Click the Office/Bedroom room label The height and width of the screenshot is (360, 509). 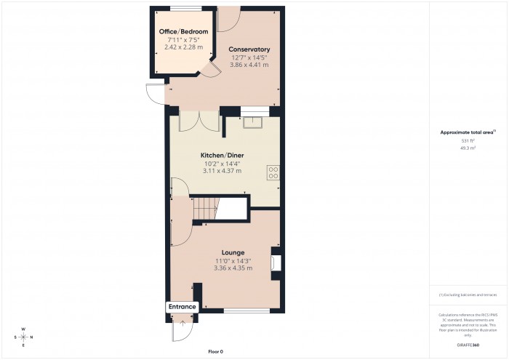point(183,32)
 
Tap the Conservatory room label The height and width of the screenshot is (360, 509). point(249,49)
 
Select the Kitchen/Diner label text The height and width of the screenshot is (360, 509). point(223,156)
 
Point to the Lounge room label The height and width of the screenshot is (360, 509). point(233,252)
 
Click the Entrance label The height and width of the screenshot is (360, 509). point(183,307)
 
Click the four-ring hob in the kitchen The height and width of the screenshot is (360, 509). point(274,173)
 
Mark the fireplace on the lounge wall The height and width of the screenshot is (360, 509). point(275,262)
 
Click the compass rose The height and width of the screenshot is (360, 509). point(23,337)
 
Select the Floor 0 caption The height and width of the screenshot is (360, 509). point(215,351)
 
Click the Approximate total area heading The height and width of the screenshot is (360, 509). point(467,132)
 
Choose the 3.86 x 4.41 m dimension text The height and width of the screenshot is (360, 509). point(249,65)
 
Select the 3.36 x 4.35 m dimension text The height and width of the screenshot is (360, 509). point(233,268)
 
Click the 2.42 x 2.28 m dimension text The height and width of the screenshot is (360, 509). point(183,47)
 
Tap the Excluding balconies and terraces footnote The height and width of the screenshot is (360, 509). point(469,295)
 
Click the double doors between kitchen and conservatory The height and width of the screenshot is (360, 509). point(199,121)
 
